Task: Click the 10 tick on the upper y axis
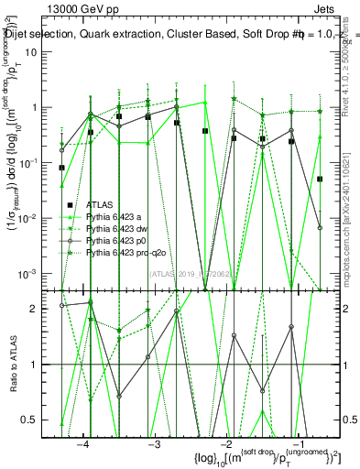pos(45,51)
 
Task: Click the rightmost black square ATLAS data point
pos(320,180)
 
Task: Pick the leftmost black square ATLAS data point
pos(61,168)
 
